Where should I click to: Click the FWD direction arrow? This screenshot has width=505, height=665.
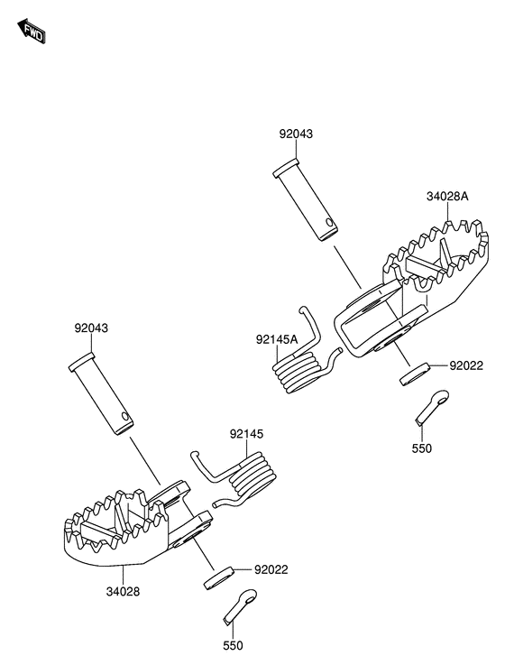point(31,31)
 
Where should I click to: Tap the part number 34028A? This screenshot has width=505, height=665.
point(447,197)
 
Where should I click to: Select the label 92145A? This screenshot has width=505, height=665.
point(277,339)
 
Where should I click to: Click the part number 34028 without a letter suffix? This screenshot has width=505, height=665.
point(123,591)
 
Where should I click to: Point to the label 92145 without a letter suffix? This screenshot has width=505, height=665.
point(246,434)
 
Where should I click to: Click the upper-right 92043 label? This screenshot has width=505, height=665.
point(296,134)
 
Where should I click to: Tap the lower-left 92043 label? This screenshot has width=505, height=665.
point(91,328)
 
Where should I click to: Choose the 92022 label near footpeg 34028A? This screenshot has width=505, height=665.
point(466,365)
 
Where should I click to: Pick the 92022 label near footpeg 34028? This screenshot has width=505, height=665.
point(271,569)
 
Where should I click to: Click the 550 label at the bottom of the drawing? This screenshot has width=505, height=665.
point(233,645)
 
